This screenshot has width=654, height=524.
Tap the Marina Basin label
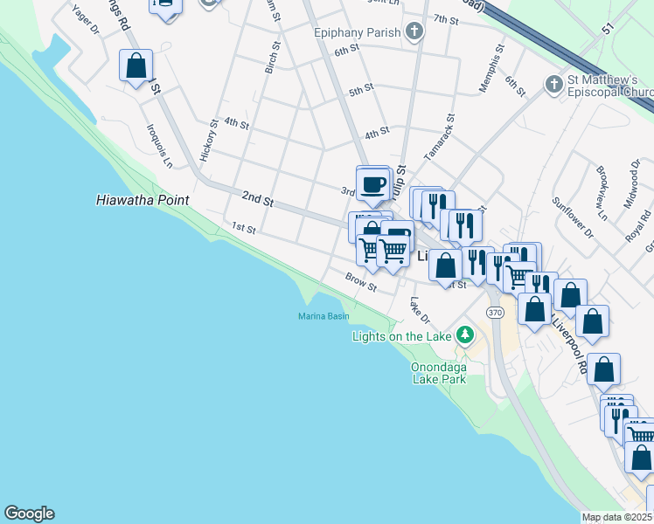tap(324, 316)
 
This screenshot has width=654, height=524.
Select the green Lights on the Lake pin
tap(465, 335)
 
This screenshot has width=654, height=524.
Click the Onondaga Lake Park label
tap(451, 373)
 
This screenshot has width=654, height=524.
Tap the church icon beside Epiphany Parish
tap(414, 33)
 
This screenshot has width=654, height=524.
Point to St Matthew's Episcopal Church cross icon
tap(553, 85)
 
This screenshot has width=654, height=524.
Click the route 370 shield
tap(496, 312)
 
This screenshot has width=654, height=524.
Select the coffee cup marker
tap(374, 184)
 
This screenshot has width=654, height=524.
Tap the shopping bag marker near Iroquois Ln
tap(136, 65)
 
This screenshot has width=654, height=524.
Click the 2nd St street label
tap(258, 200)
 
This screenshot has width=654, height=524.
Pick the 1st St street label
tap(243, 229)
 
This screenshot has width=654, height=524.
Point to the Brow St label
tap(360, 282)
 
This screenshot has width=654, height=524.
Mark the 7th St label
tap(446, 19)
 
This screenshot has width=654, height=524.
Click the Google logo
tap(29, 514)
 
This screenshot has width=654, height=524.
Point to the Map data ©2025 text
tap(616, 517)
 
